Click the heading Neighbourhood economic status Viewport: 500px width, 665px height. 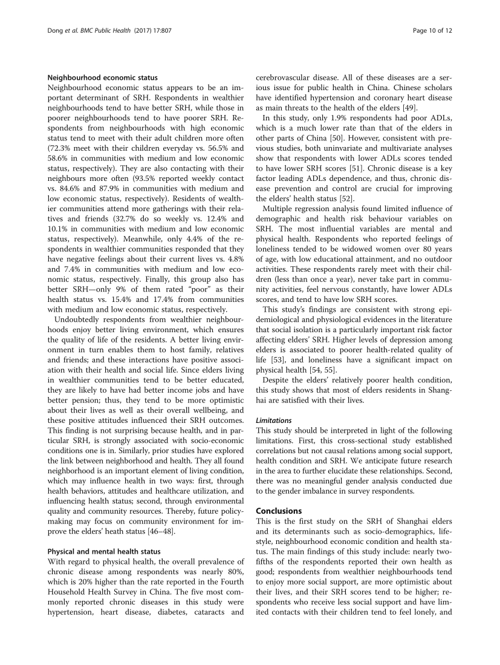point(102,77)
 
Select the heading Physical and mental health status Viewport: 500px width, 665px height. point(104,551)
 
